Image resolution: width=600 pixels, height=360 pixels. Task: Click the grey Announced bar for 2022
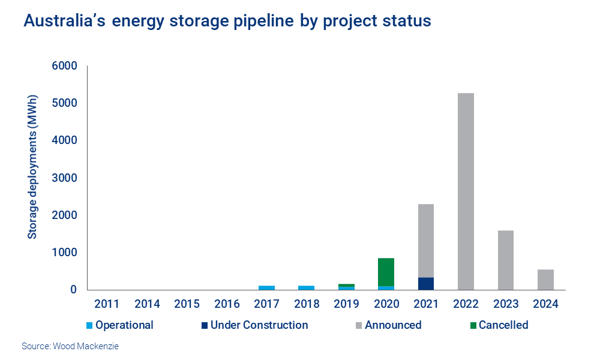[x=466, y=192]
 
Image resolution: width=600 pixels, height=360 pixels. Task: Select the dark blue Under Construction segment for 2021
[x=426, y=283]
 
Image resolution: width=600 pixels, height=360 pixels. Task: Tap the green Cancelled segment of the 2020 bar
[x=386, y=272]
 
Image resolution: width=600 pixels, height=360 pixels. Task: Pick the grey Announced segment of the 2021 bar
[x=426, y=241]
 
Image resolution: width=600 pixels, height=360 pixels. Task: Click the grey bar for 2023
[x=505, y=260]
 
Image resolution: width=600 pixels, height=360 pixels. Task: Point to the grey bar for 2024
[x=545, y=280]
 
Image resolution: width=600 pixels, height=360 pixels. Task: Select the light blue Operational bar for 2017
[x=266, y=287]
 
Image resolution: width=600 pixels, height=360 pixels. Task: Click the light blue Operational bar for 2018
[x=307, y=287]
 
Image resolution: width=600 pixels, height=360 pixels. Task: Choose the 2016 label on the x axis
[x=227, y=304]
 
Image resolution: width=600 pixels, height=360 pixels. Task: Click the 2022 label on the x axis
[x=466, y=304]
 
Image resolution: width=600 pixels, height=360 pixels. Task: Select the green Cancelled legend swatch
[x=472, y=326]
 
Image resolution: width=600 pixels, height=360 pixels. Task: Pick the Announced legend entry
[x=393, y=325]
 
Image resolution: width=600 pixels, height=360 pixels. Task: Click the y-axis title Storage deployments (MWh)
[x=32, y=166]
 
